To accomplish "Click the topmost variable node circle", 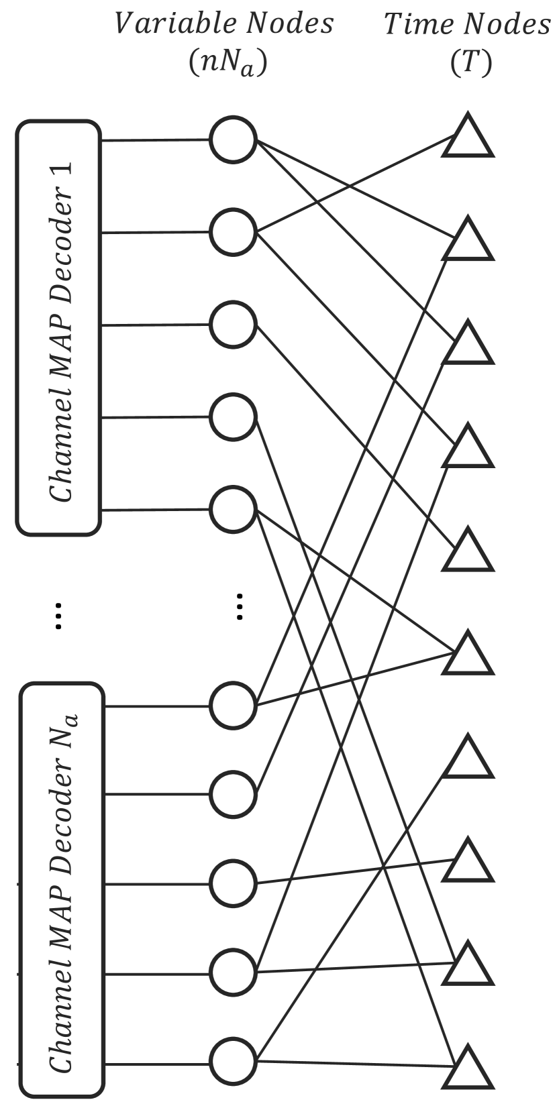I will coord(233,140).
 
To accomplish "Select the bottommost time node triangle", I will coord(468,1069).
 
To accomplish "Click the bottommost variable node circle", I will coord(233,1060).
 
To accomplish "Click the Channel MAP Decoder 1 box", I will coord(59,327).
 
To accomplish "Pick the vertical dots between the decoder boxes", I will coord(58,615).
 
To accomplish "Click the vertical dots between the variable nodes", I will coord(240,606).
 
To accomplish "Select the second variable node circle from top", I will coord(233,232).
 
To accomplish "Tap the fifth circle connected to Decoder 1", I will coord(233,510).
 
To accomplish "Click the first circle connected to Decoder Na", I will coord(233,706).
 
